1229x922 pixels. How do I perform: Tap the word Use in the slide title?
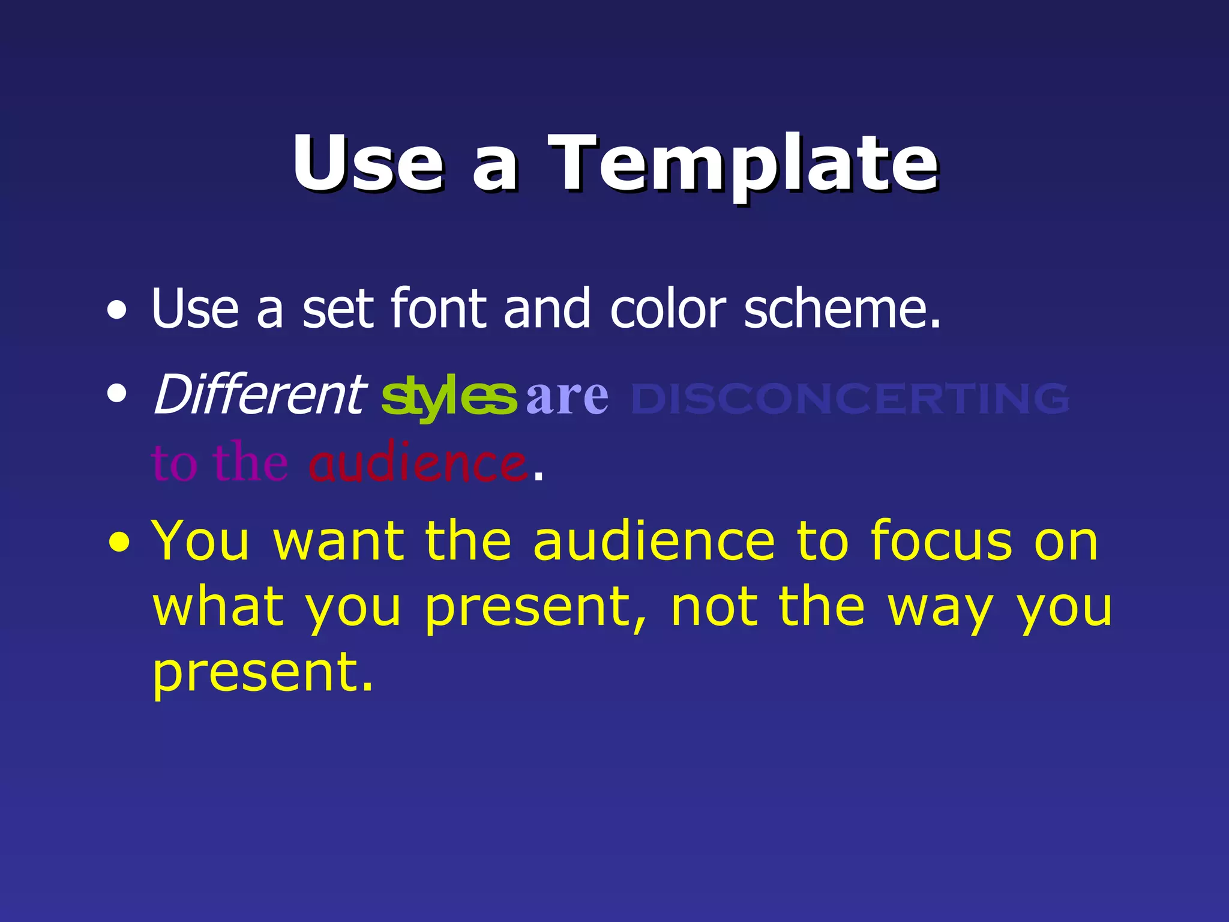coord(367,163)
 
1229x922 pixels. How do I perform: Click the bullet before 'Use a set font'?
coord(117,311)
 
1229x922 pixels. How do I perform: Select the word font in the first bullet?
coord(438,309)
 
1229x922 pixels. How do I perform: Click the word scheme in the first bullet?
coord(841,309)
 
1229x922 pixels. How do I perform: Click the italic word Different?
coord(259,394)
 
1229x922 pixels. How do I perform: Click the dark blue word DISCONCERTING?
coord(850,399)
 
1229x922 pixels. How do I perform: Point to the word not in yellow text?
coord(714,607)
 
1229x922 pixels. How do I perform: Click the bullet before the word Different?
coord(117,394)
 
